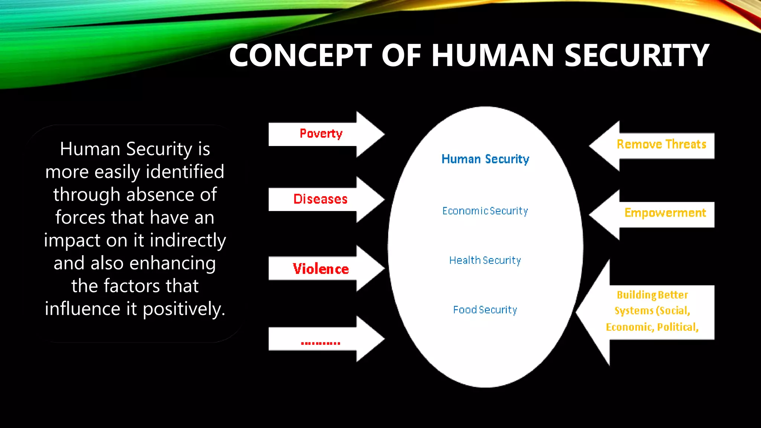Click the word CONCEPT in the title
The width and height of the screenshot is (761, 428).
pos(300,56)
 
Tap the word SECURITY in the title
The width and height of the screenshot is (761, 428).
pos(637,56)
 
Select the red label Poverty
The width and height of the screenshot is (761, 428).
pos(321,133)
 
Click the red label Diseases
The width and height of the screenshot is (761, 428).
pos(320,199)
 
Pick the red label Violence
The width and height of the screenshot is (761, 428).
pos(321,269)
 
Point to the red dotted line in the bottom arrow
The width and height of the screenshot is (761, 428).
pos(320,343)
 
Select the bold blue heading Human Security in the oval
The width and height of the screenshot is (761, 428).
pos(485,159)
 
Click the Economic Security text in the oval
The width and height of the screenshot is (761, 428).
pos(485,211)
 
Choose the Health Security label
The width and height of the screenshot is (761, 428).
pos(485,260)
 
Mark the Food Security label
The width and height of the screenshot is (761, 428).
pos(485,310)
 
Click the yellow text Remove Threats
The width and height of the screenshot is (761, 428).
pos(661,144)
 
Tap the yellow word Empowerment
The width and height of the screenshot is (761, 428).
pos(665,213)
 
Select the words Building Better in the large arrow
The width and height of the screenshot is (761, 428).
pos(652,295)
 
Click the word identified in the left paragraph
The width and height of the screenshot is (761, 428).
pos(185,172)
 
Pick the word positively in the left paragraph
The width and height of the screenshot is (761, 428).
pos(184,309)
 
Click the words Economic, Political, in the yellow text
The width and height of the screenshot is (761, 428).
pos(652,327)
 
